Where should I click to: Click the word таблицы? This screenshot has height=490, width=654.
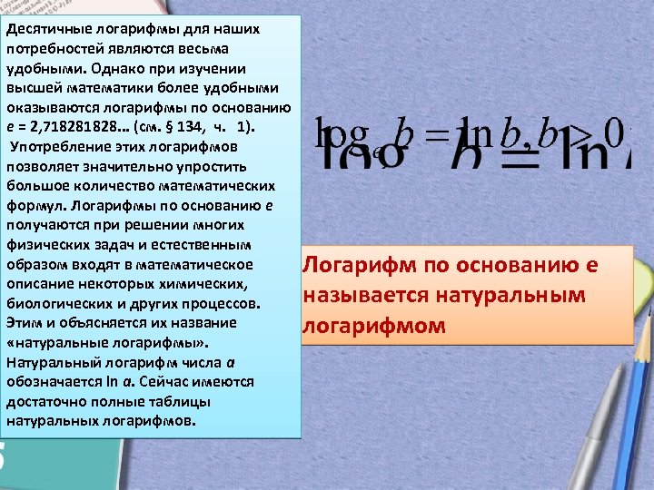click(181, 402)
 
